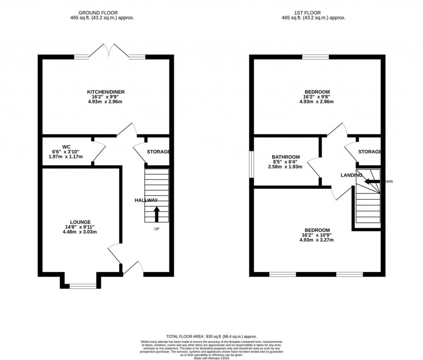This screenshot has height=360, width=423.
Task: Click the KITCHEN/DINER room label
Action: [x=106, y=92]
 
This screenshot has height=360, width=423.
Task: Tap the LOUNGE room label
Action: [x=80, y=222]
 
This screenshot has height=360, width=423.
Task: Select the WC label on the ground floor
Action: [x=66, y=147]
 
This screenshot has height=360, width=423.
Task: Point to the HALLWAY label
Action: [x=146, y=200]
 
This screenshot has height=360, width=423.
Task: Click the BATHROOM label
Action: [x=285, y=157]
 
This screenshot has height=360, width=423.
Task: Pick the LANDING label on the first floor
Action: [x=351, y=175]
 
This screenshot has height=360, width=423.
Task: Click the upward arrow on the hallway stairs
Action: [x=157, y=214]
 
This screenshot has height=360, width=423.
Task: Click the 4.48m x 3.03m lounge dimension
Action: [x=80, y=232]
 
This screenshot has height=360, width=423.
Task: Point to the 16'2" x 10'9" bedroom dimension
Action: [x=317, y=235]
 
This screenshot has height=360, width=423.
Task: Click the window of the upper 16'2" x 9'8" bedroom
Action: [x=316, y=57]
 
